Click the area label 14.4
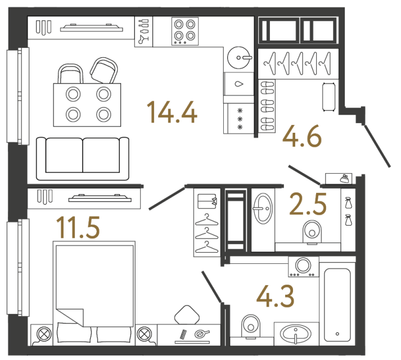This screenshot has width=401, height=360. [172, 112]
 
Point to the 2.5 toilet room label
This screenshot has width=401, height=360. [307, 205]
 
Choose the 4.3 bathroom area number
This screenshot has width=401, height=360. [275, 296]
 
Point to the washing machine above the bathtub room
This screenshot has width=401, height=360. [303, 267]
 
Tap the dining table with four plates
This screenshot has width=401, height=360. [88, 104]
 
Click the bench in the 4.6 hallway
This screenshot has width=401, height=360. [328, 96]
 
